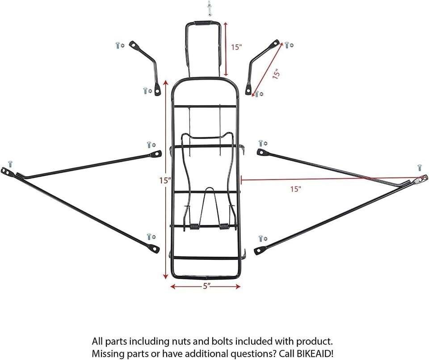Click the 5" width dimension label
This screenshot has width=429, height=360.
pos(206,286)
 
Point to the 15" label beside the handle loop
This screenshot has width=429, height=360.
pos(236,47)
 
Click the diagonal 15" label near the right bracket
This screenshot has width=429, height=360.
pos(276,74)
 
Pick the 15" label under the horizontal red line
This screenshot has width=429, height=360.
pos(296,189)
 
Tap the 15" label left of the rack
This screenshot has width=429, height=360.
pos(165,181)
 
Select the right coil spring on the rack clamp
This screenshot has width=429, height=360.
pos(224,226)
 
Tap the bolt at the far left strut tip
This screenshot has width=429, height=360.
pos(10,164)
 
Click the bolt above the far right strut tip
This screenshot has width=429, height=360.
pos(420,168)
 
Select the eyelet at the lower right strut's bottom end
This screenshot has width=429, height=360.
pos(260,250)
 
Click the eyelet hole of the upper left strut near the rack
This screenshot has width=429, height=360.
pos(157,154)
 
